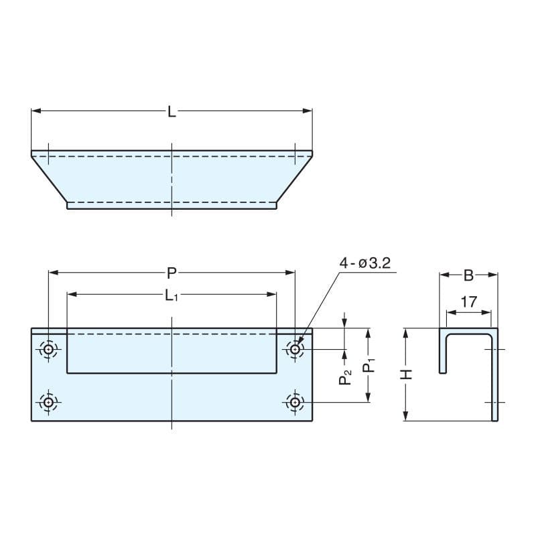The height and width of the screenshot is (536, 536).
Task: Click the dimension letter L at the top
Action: coord(172,111)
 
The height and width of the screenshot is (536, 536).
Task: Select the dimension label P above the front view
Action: coord(172,273)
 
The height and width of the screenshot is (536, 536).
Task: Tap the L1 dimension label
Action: coord(172,295)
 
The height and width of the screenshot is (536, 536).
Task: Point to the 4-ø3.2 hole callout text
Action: coord(364,263)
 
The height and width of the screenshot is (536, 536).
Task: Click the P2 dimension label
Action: coord(345,377)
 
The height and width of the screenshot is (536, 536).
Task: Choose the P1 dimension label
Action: coord(369,365)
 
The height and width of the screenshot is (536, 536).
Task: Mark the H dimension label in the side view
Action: coord(407,375)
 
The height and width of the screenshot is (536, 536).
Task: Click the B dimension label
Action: coord(468,275)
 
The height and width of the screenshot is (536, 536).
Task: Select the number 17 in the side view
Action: coord(468,302)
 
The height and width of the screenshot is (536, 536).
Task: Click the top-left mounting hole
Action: coord(48,349)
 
